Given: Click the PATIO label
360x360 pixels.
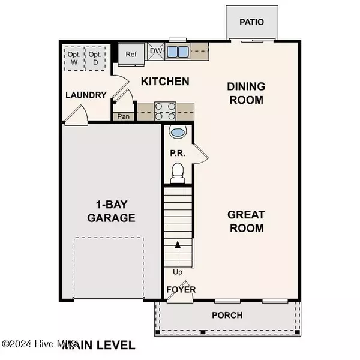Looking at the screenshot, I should point(251,22).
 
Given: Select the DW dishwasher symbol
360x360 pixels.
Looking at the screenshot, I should point(155,52).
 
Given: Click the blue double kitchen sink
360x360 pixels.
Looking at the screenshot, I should point(177,52).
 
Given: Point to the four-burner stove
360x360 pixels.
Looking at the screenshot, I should point(165,112).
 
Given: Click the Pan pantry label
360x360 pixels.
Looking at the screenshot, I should point(124,116).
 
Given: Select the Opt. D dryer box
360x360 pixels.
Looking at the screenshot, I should point(95,56).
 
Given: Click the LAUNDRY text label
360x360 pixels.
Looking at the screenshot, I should point(86,95).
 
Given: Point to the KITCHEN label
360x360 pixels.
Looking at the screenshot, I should point(165,81).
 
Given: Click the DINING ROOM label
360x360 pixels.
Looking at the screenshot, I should point(245,93).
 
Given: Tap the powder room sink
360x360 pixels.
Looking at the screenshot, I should point(178,133).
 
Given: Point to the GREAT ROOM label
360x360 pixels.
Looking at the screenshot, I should point(245,221).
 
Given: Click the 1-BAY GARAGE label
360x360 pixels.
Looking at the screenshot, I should point(110,211).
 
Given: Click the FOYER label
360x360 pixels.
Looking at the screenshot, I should point(181,290).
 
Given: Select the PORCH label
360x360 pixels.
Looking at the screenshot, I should point(227,315).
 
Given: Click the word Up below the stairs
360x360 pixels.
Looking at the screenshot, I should point(178,272).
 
